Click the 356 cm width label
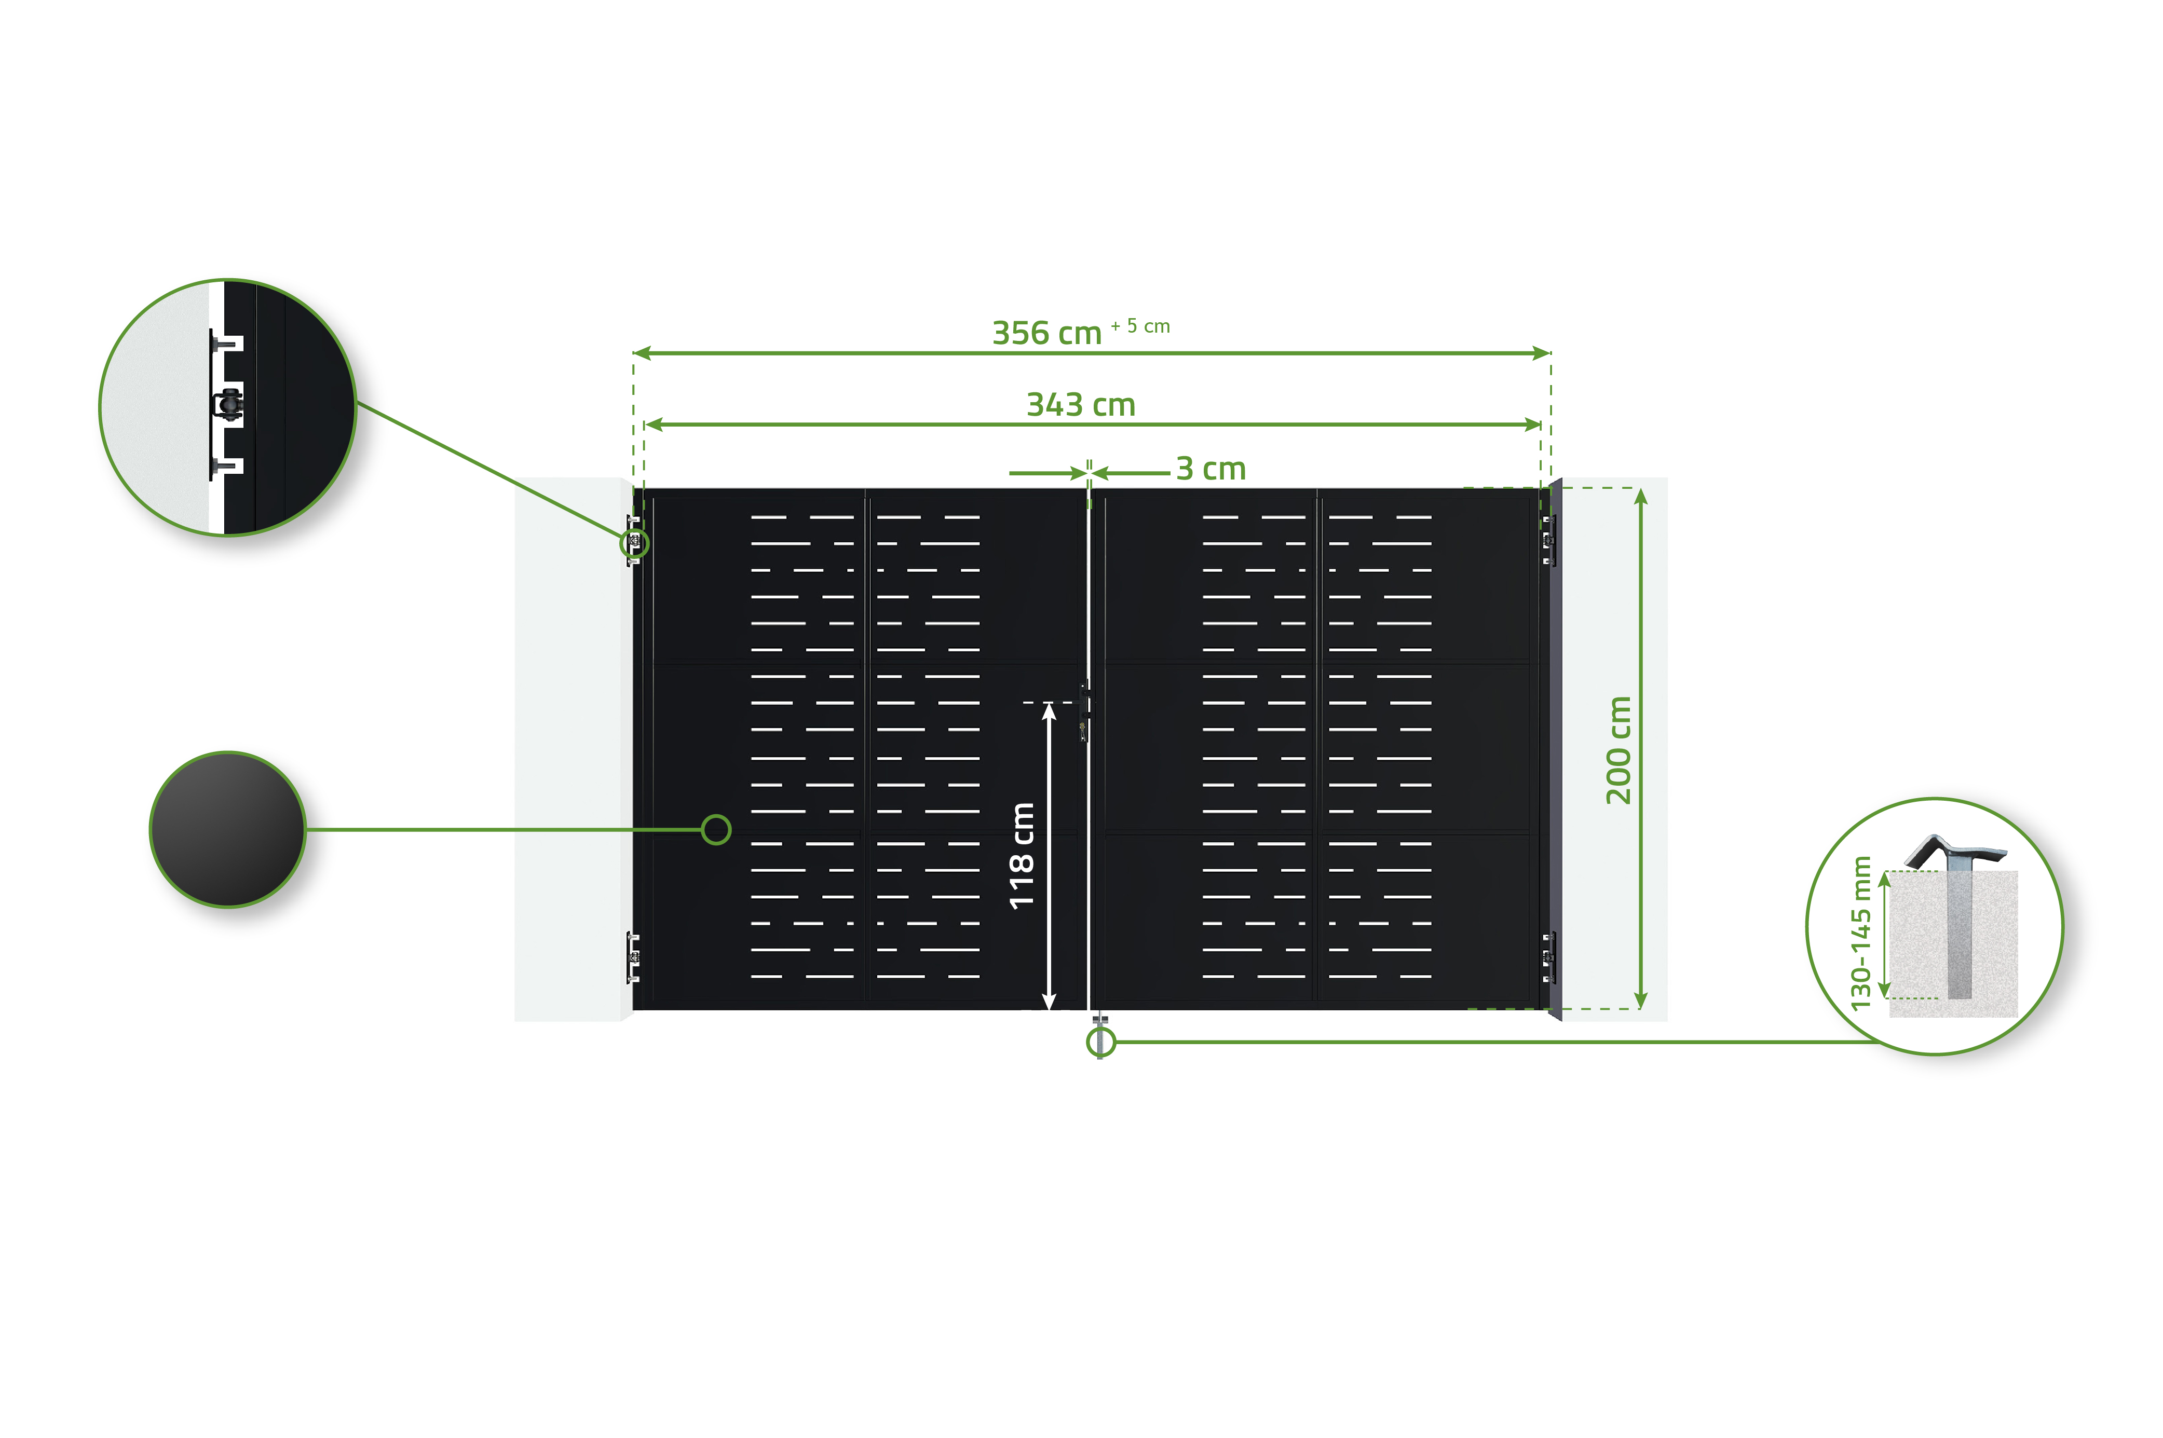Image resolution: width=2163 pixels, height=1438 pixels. tap(1046, 333)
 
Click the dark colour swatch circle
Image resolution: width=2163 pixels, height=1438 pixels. tap(227, 829)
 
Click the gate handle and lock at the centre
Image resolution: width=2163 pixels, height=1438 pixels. tap(1085, 711)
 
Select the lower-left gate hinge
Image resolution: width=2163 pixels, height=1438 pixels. tap(632, 956)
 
